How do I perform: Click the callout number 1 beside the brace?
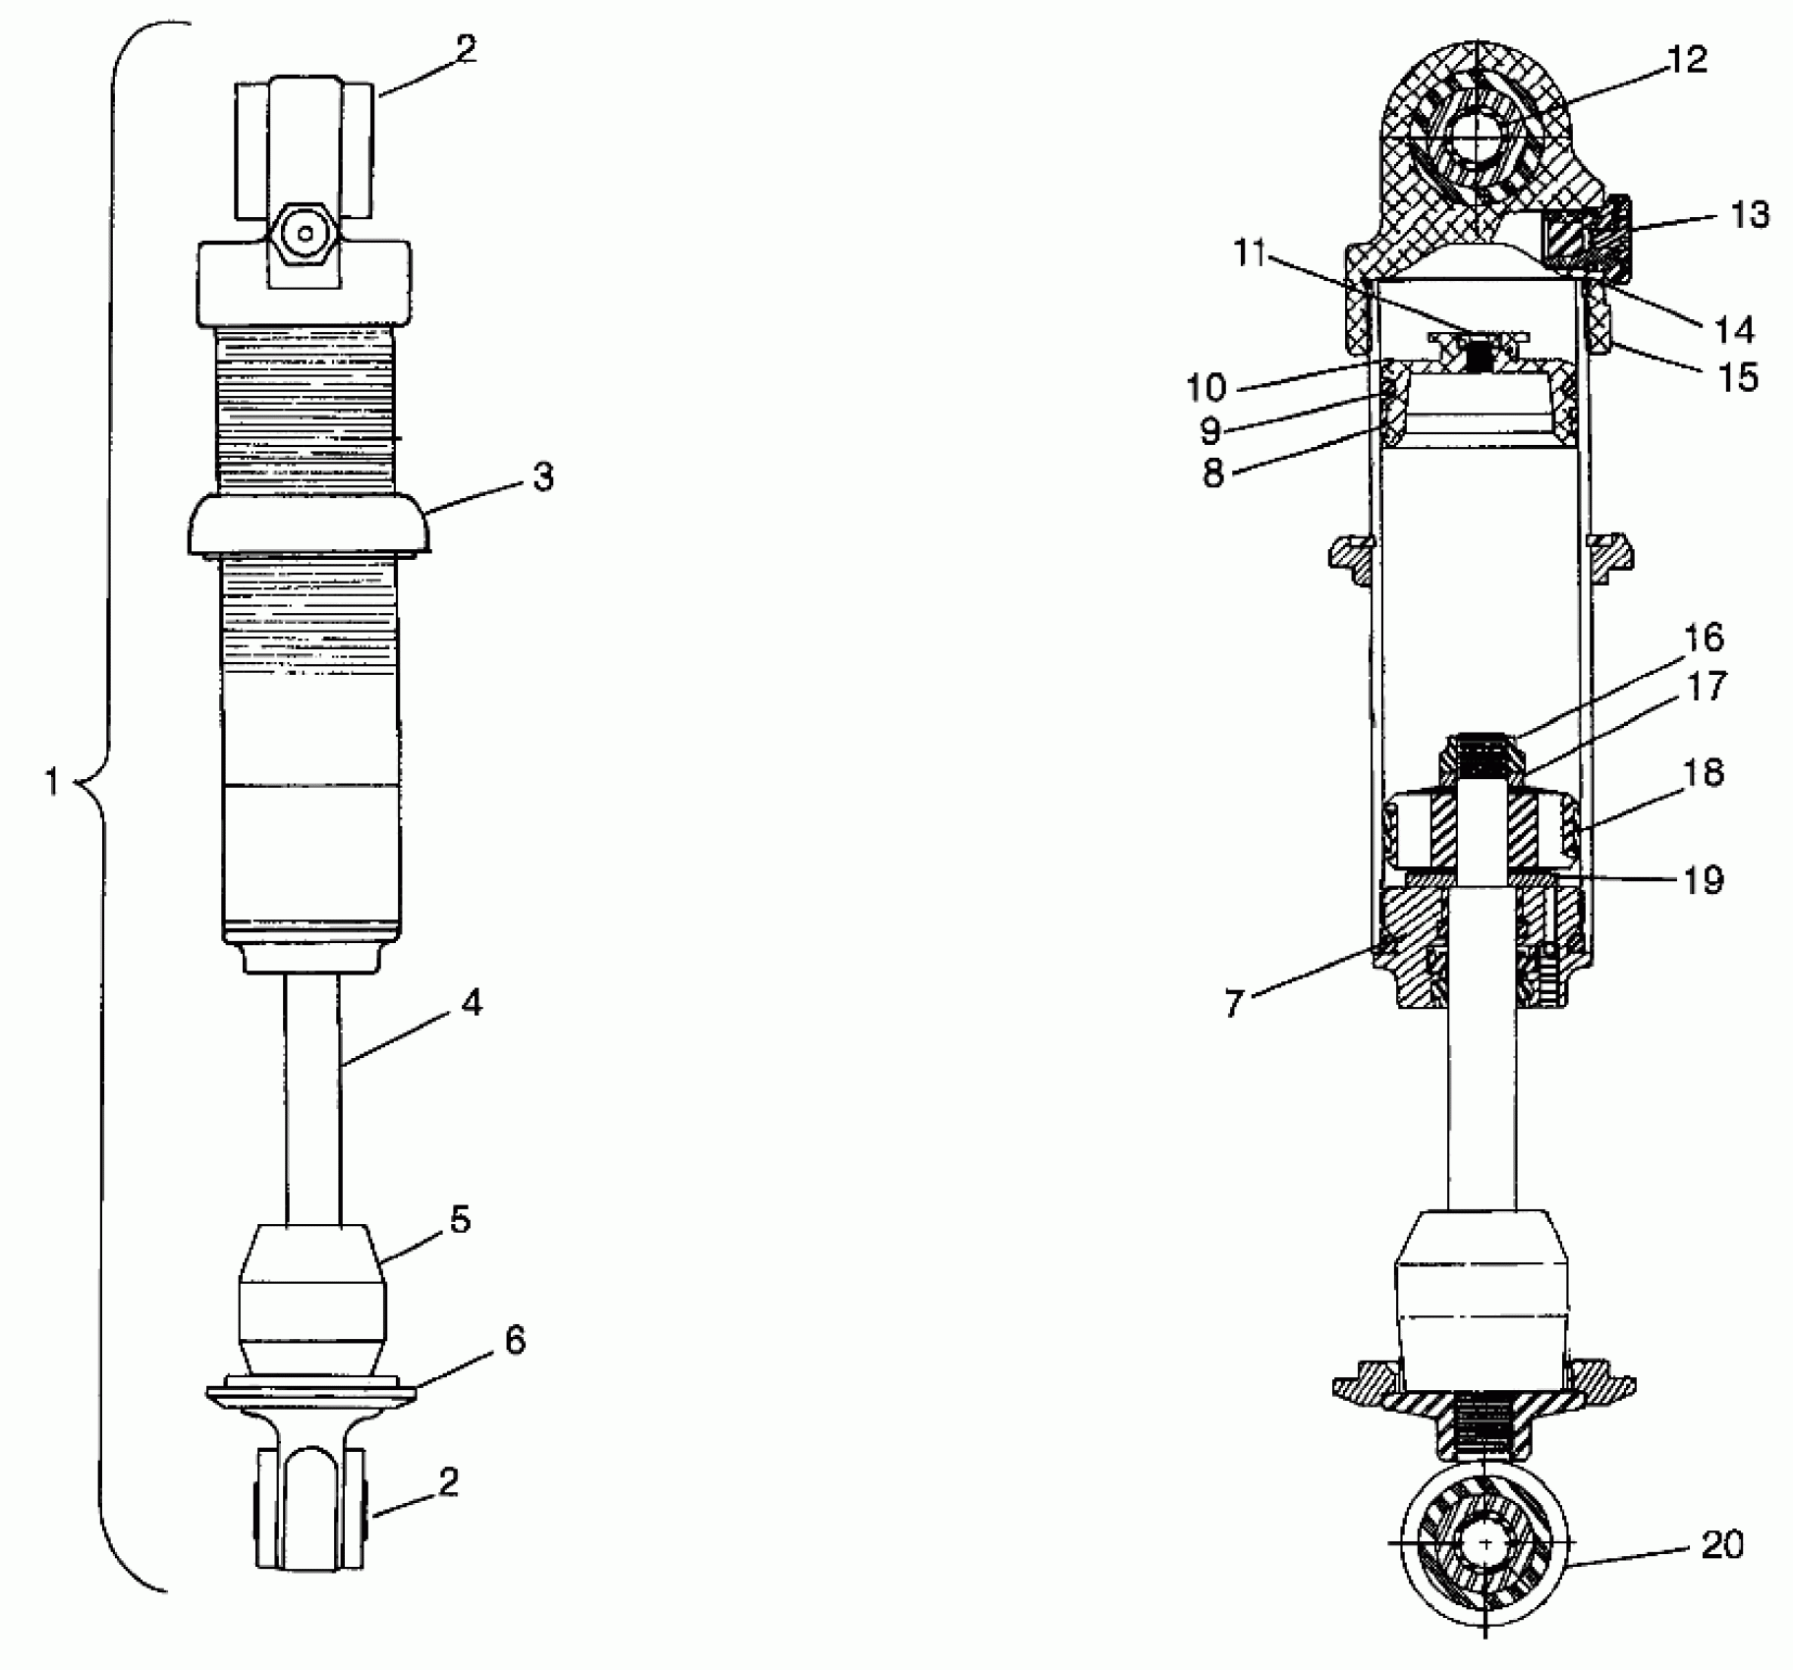54,783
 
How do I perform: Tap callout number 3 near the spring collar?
543,476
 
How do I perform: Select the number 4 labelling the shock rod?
472,1003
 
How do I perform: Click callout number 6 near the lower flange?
515,1340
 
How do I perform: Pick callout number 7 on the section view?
1234,1003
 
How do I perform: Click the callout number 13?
1748,214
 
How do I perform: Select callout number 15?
1736,376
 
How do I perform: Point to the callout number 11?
1249,253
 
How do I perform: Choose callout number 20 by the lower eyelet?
1721,1545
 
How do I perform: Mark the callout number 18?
1704,773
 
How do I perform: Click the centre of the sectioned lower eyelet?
1485,1544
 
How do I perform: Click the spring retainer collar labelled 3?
309,526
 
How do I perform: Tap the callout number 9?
1210,431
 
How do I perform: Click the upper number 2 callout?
467,49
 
